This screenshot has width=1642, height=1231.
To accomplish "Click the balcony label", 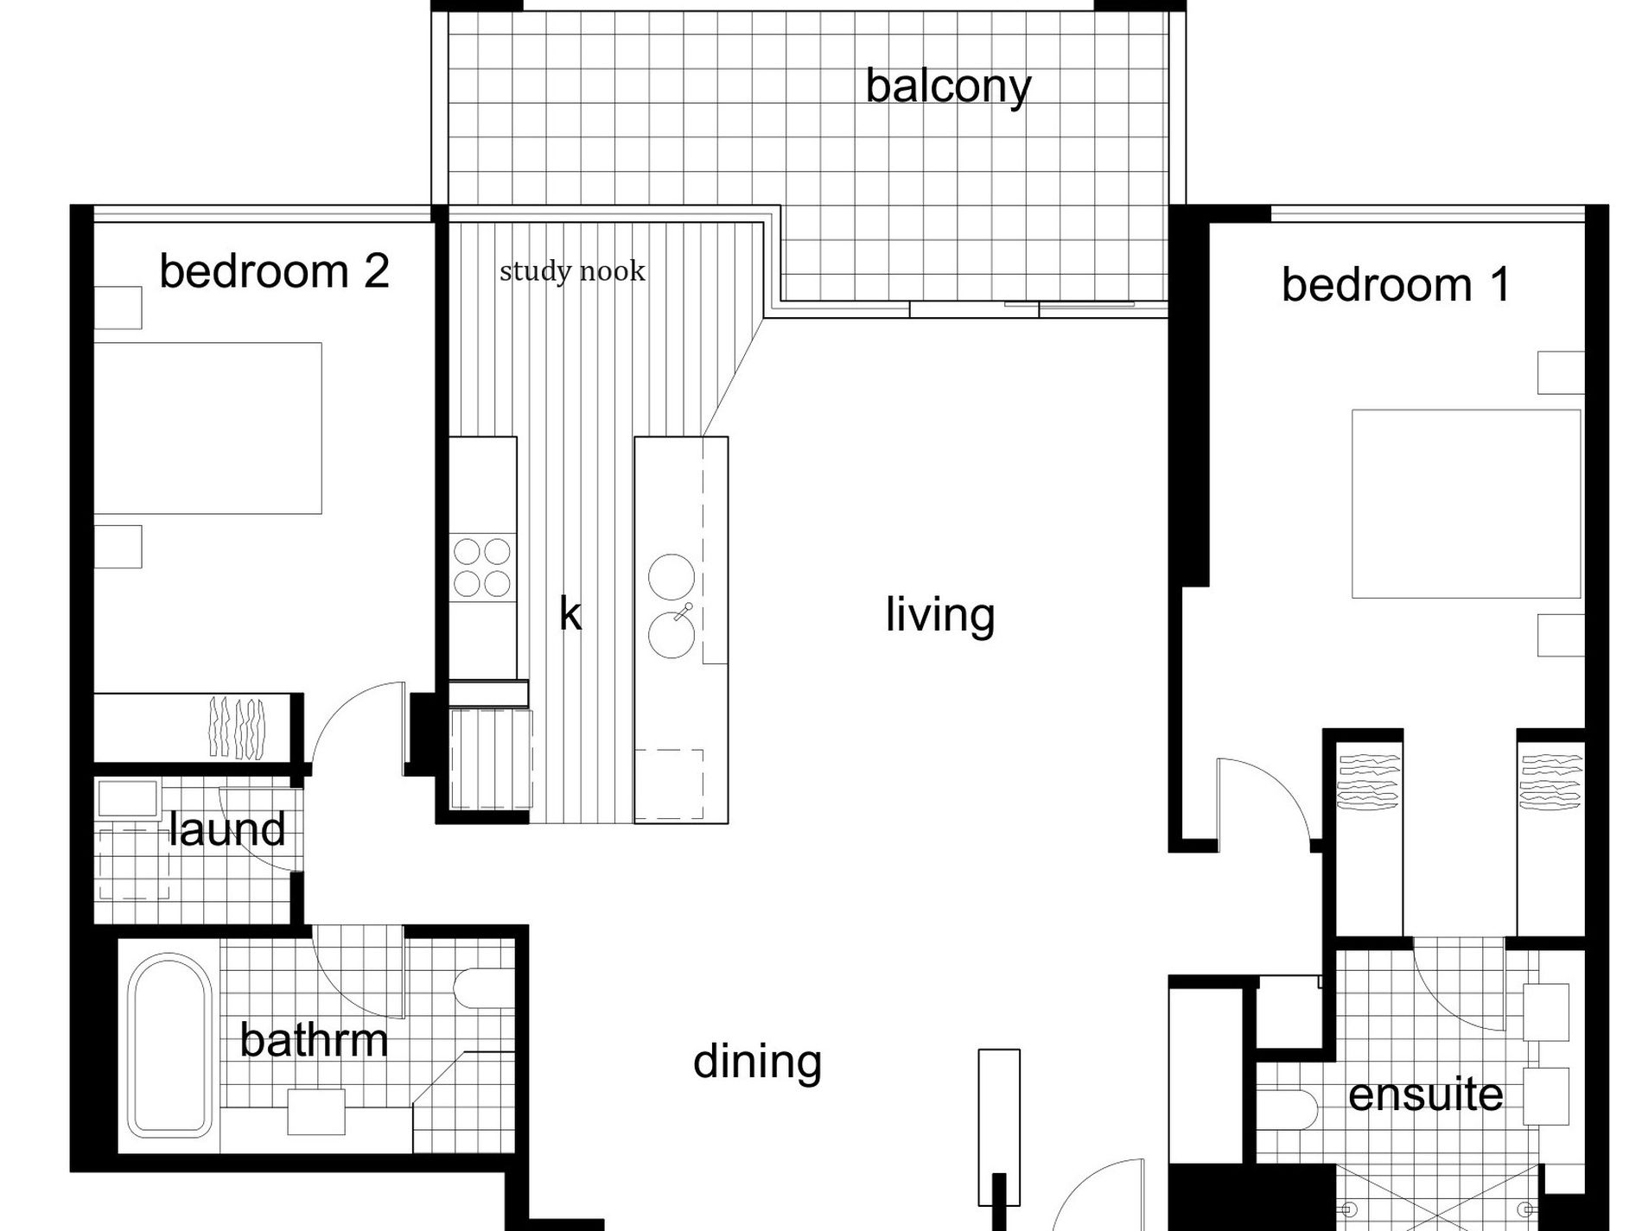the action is click(x=948, y=86).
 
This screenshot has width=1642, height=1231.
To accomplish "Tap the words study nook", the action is click(x=572, y=271).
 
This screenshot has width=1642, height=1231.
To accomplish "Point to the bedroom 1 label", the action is click(x=1396, y=284).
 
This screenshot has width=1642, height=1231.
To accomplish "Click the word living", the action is click(x=940, y=615).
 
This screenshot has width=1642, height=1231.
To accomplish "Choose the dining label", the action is click(x=757, y=1062).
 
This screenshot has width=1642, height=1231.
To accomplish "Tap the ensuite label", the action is click(x=1426, y=1095).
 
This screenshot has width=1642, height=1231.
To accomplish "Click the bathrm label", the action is click(x=315, y=1039).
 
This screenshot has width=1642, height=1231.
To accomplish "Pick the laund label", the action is click(x=226, y=828).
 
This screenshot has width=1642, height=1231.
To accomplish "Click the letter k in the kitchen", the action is click(x=570, y=615).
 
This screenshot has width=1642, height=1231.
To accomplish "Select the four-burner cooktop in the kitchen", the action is click(x=482, y=567).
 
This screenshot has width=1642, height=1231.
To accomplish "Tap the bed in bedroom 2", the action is click(x=207, y=428).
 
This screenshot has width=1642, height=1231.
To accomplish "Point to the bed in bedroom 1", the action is click(x=1467, y=504).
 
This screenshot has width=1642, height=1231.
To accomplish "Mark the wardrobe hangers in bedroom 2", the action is click(x=237, y=727).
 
